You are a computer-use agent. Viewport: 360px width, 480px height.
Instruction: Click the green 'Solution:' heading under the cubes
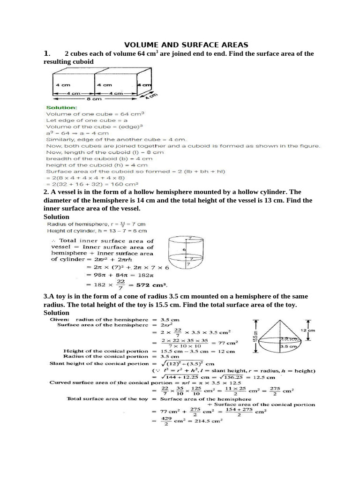point(62,107)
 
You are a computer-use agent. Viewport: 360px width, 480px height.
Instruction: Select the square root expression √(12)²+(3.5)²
point(185,363)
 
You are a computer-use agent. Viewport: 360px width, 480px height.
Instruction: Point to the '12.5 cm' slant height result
point(262,375)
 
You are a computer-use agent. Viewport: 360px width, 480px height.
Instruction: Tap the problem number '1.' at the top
point(46,53)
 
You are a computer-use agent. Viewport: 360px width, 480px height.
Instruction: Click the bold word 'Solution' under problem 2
point(56,217)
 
